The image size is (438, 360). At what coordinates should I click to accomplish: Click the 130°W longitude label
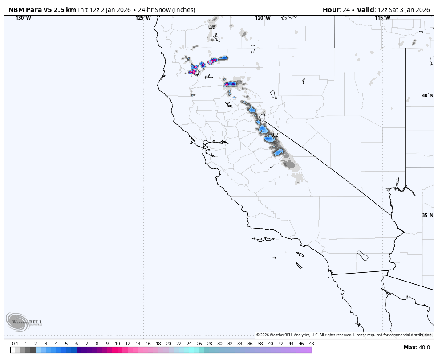click(23, 18)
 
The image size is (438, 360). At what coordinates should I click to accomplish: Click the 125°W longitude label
click(143, 18)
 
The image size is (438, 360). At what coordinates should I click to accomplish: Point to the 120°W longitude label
click(263, 18)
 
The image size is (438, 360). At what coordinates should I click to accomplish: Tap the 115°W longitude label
click(382, 18)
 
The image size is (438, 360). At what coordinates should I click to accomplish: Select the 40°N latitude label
click(427, 95)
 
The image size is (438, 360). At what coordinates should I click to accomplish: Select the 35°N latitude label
click(427, 215)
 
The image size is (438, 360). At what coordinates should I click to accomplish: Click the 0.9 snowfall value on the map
click(212, 27)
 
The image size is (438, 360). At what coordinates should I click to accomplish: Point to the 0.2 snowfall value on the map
click(274, 135)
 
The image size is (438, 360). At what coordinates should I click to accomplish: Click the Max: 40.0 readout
click(417, 348)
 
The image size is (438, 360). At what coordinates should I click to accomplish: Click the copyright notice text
click(344, 335)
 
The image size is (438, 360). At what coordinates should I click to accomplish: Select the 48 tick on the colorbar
click(311, 344)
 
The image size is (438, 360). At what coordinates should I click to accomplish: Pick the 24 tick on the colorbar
click(189, 344)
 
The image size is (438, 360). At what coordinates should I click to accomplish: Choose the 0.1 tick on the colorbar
click(15, 344)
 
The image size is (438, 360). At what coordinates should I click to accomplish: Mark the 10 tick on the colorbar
click(117, 344)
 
